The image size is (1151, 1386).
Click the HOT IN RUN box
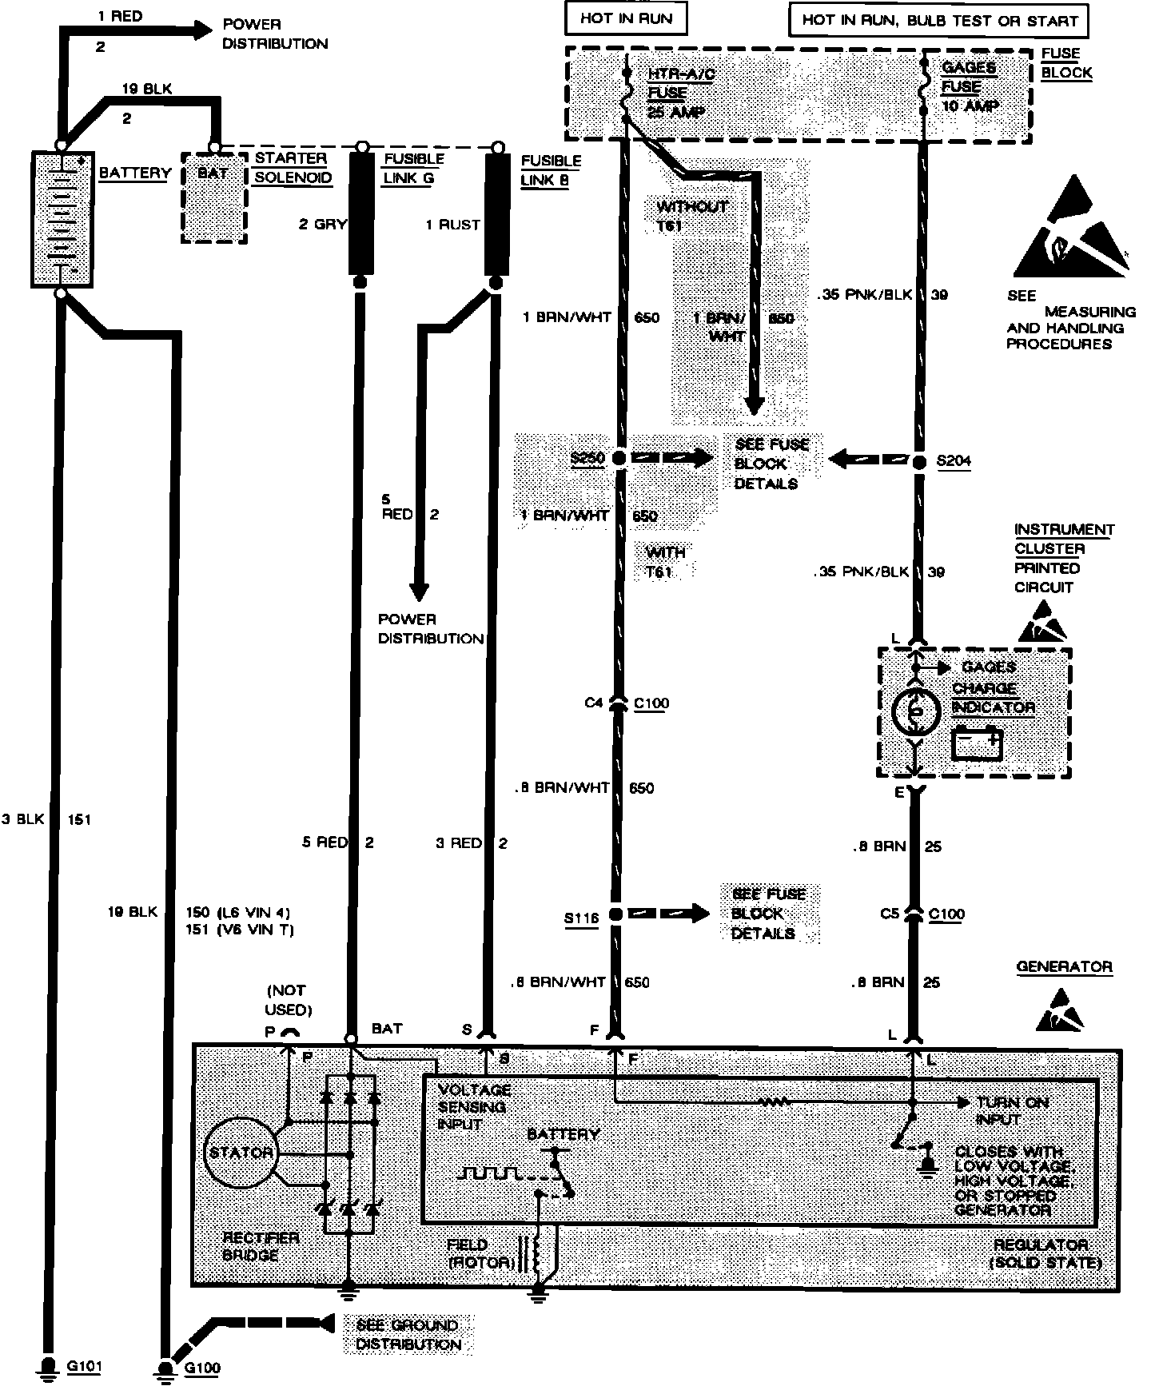pos(626,19)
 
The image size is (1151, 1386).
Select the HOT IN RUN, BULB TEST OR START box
pos(939,20)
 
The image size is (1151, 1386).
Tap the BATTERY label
pos(134,173)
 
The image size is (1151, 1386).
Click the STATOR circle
pos(241,1152)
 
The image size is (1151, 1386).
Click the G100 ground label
pos(202,1368)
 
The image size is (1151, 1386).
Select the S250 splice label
pos(587,459)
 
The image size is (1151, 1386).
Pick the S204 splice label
pos(954,461)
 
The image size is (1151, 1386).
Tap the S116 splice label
pos(581,918)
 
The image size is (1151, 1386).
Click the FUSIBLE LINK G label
pos(413,168)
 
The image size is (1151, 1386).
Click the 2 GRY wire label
pos(322,225)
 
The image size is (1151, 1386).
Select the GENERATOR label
pos(1064,966)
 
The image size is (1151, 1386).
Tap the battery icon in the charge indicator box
pos(978,743)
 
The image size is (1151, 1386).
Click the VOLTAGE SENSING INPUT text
pos(472,1106)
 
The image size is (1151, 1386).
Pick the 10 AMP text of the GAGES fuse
pos(970,106)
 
